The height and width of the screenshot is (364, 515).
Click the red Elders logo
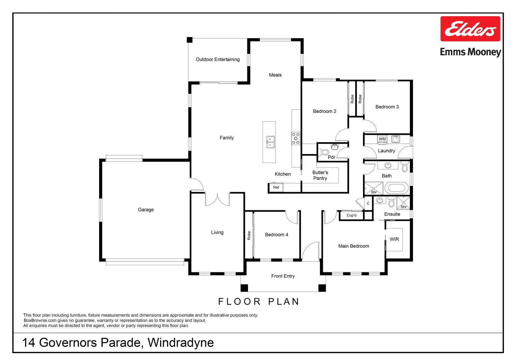[470, 29]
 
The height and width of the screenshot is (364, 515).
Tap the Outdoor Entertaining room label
[217, 59]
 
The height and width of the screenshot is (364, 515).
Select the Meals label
[275, 75]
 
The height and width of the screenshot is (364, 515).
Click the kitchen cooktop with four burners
[296, 138]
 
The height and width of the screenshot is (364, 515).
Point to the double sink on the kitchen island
[270, 142]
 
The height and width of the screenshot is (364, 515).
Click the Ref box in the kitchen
[276, 187]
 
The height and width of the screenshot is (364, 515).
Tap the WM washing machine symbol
[382, 139]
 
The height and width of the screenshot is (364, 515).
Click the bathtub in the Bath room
[397, 188]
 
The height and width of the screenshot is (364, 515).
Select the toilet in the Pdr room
[324, 152]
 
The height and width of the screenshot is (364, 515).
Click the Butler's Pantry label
[320, 175]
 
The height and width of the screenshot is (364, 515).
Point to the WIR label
[394, 239]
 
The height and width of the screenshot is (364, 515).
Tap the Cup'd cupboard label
[351, 215]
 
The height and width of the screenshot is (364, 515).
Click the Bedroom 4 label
[276, 235]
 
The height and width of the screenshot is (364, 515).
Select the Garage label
[146, 210]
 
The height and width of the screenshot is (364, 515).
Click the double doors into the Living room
[217, 200]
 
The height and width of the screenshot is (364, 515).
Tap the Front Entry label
[283, 276]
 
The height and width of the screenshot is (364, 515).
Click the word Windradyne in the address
[181, 343]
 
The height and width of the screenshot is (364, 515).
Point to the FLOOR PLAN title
[259, 301]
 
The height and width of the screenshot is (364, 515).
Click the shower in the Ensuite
[403, 203]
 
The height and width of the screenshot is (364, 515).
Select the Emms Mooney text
[471, 52]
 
